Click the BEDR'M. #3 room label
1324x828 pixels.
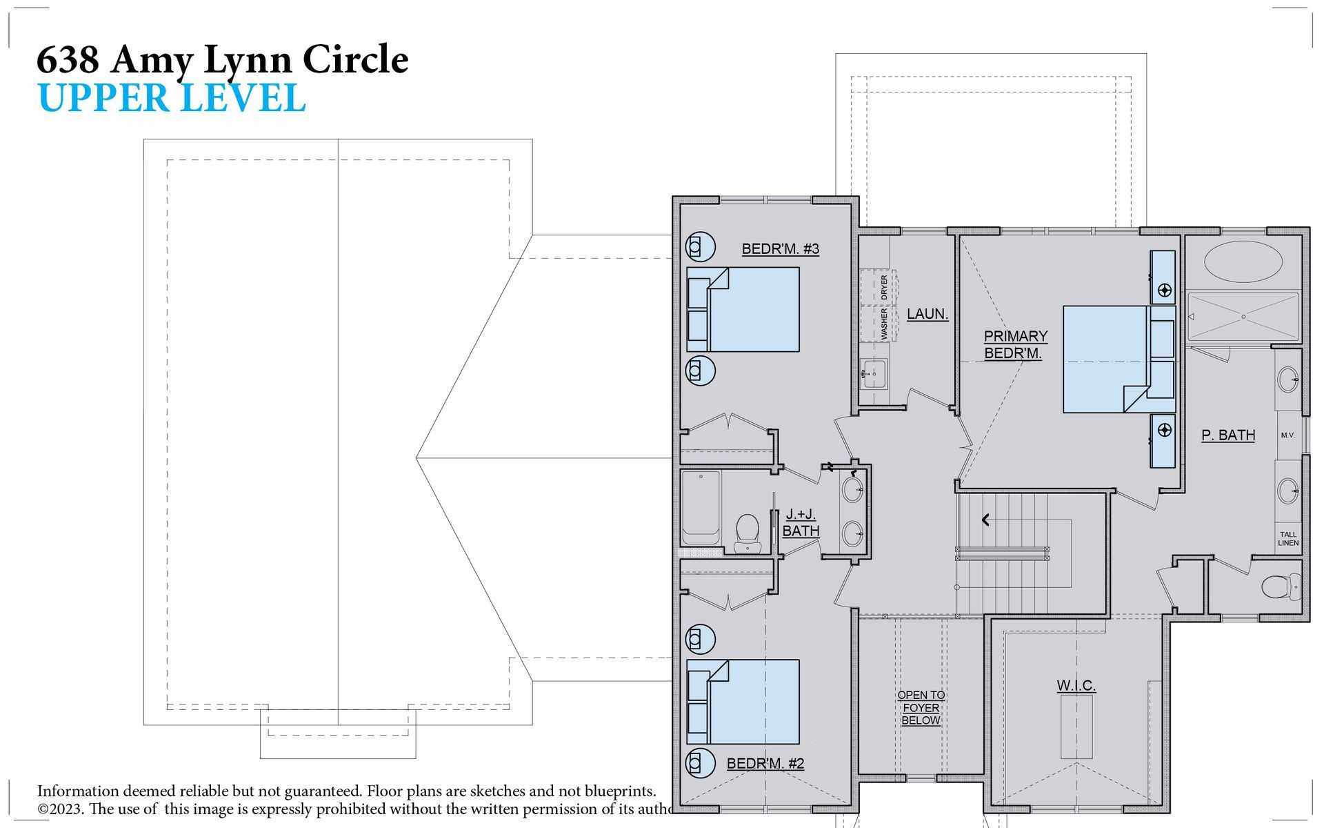[780, 248]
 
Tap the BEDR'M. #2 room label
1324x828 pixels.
[765, 763]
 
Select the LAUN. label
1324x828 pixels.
[927, 314]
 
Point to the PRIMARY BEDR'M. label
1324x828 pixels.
[1015, 344]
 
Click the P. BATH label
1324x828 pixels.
[1228, 435]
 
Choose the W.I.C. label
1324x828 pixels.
[1076, 685]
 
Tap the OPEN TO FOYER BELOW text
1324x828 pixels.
[921, 707]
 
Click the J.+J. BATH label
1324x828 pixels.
[801, 522]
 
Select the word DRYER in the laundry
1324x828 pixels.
[884, 287]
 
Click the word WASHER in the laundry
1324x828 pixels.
[884, 324]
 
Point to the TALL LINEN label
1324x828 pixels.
[1288, 539]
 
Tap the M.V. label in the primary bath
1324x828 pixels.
[1287, 435]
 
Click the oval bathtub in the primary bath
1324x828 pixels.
[1243, 262]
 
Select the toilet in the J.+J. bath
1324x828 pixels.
[746, 533]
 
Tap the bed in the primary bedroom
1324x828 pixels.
[1119, 359]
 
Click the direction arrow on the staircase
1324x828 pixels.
[986, 520]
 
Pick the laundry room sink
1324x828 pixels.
[873, 374]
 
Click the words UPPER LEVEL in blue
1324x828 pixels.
[172, 98]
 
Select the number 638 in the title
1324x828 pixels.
[68, 59]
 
